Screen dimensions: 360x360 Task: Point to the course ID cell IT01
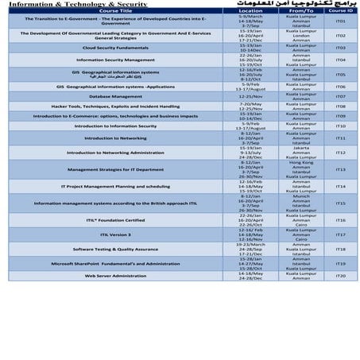click(x=341, y=21)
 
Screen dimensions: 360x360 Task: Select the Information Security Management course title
click(x=115, y=60)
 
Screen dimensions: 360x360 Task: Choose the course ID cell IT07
click(x=341, y=96)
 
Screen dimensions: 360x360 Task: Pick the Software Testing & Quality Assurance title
click(x=115, y=249)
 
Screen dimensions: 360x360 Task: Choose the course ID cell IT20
click(x=341, y=276)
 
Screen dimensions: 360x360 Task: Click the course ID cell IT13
click(x=341, y=169)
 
